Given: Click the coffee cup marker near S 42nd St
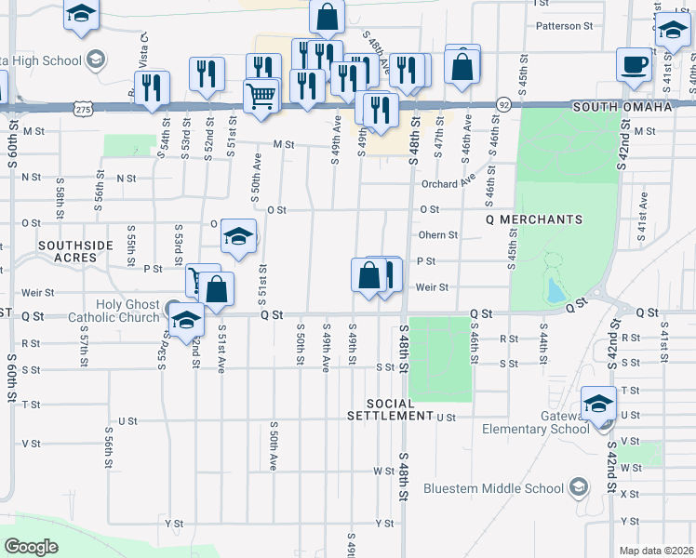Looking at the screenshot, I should click(634, 65).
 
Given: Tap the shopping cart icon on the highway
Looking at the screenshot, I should click(261, 94).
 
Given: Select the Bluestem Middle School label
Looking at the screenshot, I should click(493, 488).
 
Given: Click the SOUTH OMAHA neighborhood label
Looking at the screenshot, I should click(622, 107).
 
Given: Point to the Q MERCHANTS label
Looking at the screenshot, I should click(534, 219).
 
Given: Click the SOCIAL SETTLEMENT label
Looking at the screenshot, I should click(388, 409).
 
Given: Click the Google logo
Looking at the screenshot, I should click(32, 547).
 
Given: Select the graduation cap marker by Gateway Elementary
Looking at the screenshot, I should click(597, 404).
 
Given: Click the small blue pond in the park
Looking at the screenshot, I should click(555, 292).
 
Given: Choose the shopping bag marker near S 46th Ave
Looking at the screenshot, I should click(462, 66).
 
